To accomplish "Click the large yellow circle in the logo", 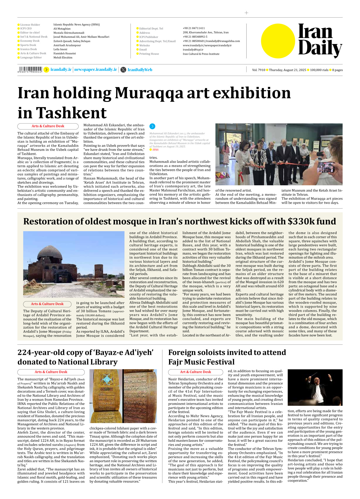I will [x=278, y=41].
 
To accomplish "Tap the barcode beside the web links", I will [x=30, y=69].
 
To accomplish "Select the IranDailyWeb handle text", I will [x=140, y=70].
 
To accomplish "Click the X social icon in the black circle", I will [x=123, y=70].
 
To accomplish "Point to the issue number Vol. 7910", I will [x=258, y=70].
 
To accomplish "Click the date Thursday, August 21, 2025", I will [x=287, y=70].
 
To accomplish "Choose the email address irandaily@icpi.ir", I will [x=193, y=49].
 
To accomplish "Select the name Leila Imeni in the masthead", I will [x=60, y=49].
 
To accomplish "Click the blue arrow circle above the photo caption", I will [x=152, y=126].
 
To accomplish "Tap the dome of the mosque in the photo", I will [x=50, y=252].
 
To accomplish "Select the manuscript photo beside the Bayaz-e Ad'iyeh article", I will [x=123, y=396].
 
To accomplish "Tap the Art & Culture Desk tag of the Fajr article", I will [x=196, y=372].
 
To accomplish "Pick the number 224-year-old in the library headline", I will [x=42, y=353].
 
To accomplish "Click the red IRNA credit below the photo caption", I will [x=156, y=150].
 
